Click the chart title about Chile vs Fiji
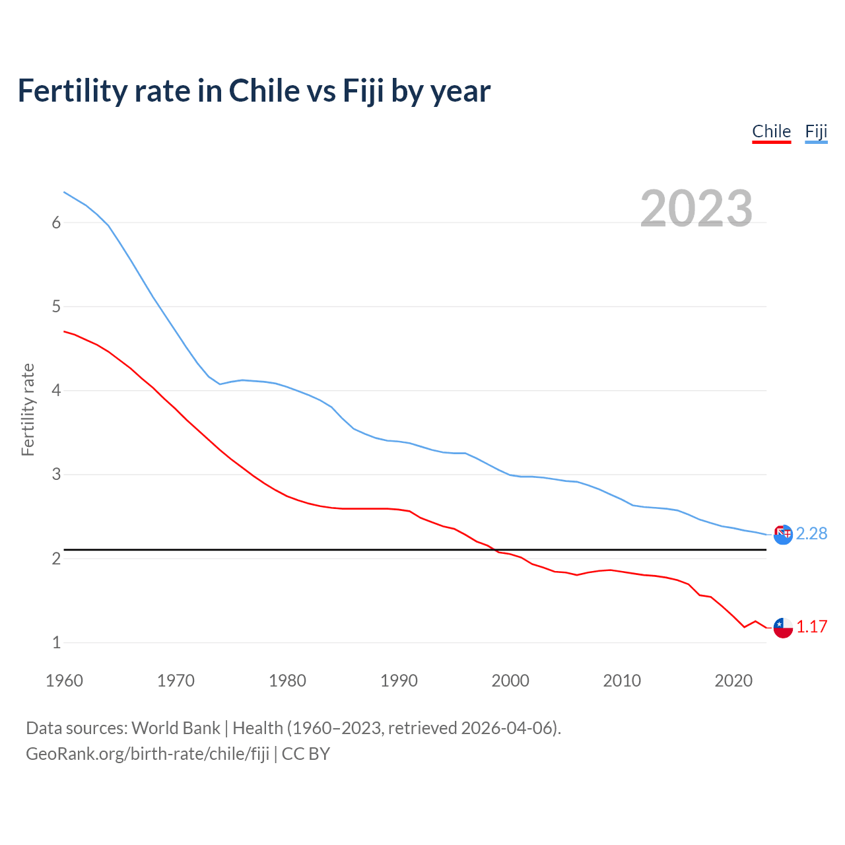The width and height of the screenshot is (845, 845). [253, 91]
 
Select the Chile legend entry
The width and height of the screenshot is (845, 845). [771, 131]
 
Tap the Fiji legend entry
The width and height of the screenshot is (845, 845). [816, 131]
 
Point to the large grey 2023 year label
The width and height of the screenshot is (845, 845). [696, 209]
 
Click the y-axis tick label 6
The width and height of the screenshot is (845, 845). [56, 223]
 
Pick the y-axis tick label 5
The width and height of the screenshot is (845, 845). [56, 307]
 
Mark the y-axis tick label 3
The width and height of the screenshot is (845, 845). [56, 475]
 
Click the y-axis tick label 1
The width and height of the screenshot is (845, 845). [56, 642]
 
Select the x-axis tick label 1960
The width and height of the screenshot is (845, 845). [64, 681]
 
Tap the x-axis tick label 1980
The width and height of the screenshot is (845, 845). [287, 681]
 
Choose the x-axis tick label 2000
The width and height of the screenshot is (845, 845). [510, 681]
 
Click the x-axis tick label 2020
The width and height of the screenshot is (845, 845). [733, 681]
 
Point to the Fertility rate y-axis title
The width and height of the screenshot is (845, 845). [28, 409]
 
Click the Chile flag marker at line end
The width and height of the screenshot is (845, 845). [783, 627]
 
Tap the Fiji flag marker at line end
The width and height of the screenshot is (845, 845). [783, 535]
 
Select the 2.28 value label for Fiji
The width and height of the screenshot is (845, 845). [811, 533]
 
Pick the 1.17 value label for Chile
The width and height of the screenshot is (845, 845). [811, 626]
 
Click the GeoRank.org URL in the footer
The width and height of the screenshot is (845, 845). [147, 754]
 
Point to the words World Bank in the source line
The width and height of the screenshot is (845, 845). [176, 728]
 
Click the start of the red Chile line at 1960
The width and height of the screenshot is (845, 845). [65, 331]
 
